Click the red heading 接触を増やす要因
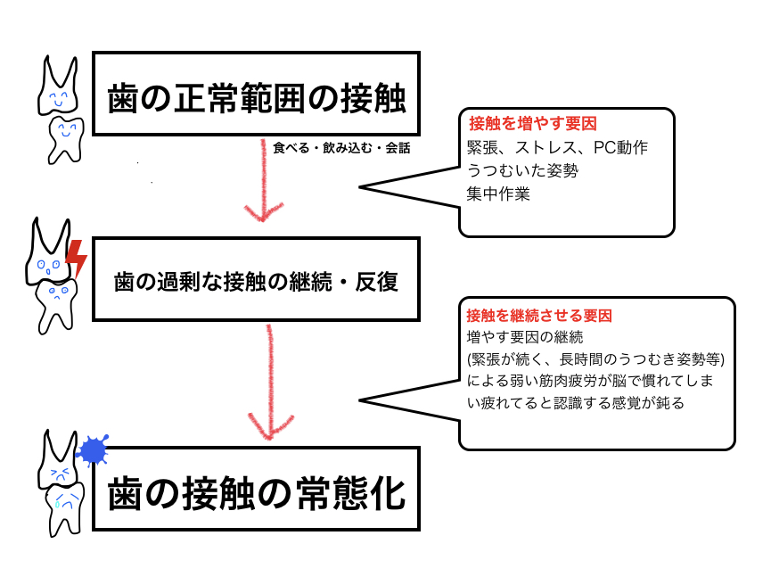(x=533, y=123)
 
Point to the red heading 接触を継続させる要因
(x=539, y=316)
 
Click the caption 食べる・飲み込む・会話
(x=341, y=148)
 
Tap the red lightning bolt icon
(x=77, y=258)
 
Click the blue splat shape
(x=93, y=450)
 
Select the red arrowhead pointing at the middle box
(x=264, y=212)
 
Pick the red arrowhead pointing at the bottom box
(x=270, y=427)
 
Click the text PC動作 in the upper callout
(x=620, y=147)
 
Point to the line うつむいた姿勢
(x=522, y=170)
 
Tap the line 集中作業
(x=498, y=194)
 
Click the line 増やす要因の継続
(x=525, y=337)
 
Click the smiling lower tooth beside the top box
(x=66, y=140)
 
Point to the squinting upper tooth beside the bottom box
(x=59, y=459)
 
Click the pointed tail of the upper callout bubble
(x=359, y=187)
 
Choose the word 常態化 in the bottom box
(x=351, y=493)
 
